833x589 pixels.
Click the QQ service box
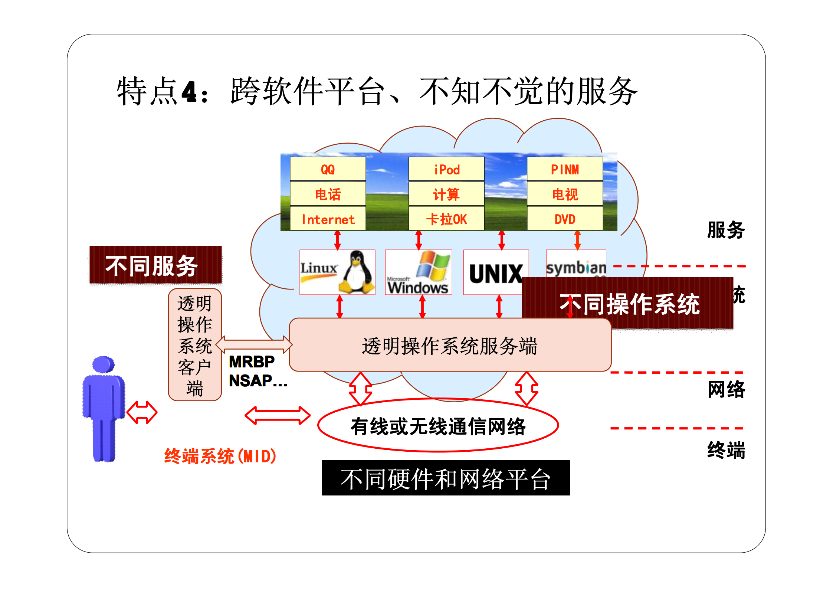[x=328, y=169]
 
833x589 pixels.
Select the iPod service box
[x=446, y=169]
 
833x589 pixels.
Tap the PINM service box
[x=565, y=169]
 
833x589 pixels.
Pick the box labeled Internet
[x=328, y=219]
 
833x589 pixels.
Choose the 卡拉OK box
[x=446, y=219]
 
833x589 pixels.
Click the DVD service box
[x=565, y=219]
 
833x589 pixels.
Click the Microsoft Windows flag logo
[x=432, y=265]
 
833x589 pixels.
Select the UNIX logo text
[x=496, y=274]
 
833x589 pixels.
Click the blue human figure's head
[x=103, y=364]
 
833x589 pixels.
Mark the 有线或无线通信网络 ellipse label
[x=438, y=426]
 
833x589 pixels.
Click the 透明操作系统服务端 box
[x=450, y=346]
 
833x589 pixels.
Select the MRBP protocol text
[x=252, y=361]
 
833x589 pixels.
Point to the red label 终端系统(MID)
[x=220, y=456]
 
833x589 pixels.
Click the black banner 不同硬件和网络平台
[x=446, y=478]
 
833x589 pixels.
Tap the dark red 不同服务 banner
[x=155, y=265]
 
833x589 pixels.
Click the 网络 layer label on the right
[x=726, y=389]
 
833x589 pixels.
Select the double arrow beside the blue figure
[x=142, y=412]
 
